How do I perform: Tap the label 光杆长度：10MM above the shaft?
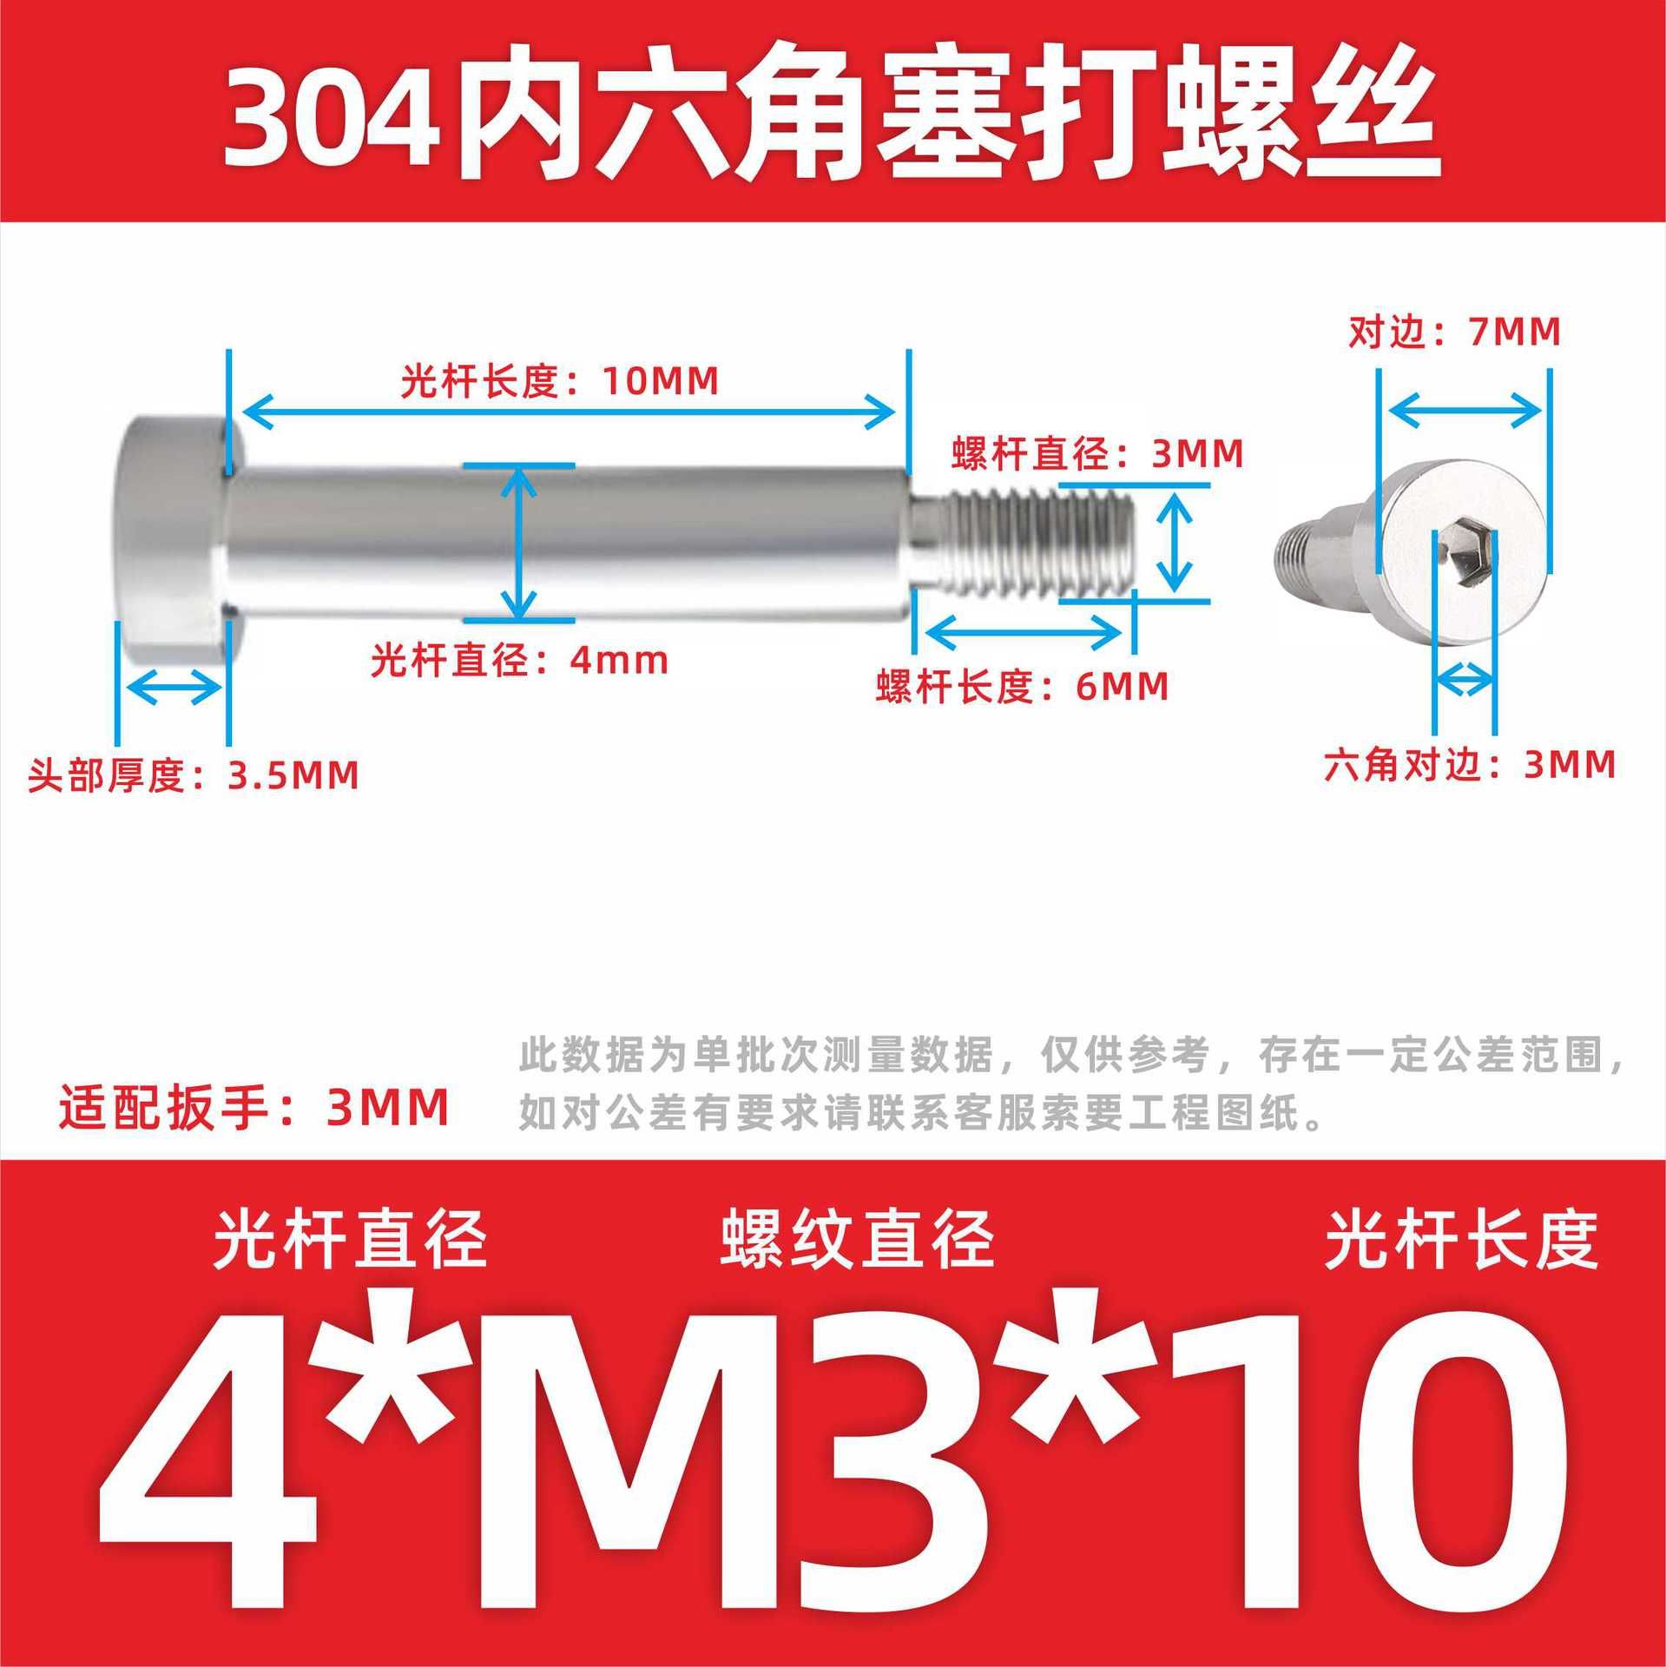point(560,382)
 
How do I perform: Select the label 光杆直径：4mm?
point(520,661)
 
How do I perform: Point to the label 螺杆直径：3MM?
point(1097,454)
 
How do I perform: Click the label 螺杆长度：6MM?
point(1023,687)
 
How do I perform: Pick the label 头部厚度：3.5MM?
point(194,775)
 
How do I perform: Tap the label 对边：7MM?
point(1454,332)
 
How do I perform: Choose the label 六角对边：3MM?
point(1470,764)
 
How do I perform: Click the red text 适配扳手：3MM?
point(254,1108)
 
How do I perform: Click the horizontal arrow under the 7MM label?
point(1464,411)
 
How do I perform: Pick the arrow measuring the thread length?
point(1024,630)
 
